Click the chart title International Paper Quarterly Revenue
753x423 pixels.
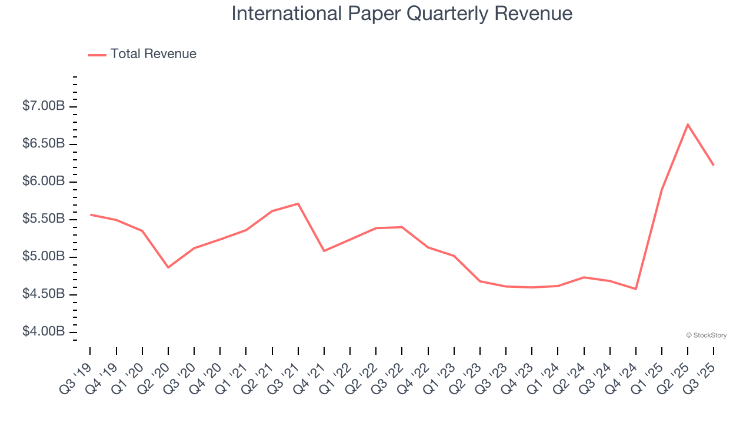pyautogui.click(x=402, y=14)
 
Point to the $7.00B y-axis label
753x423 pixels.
pyautogui.click(x=44, y=106)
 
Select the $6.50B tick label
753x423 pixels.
pyautogui.click(x=44, y=144)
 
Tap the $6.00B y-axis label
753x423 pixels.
pyautogui.click(x=44, y=182)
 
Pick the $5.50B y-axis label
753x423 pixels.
pyautogui.click(x=44, y=219)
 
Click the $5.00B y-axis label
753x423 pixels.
pyautogui.click(x=44, y=257)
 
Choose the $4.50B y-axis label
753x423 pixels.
pyautogui.click(x=44, y=294)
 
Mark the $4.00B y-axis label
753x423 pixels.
pyautogui.click(x=44, y=332)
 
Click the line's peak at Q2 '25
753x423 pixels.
pyautogui.click(x=688, y=124)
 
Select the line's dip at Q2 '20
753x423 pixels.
pyautogui.click(x=168, y=267)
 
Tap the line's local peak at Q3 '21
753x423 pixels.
pyautogui.click(x=298, y=204)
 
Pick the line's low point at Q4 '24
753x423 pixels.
pyautogui.click(x=636, y=289)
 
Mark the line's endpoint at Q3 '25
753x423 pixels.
pyautogui.click(x=714, y=165)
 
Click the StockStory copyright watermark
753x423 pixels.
pyautogui.click(x=707, y=335)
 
